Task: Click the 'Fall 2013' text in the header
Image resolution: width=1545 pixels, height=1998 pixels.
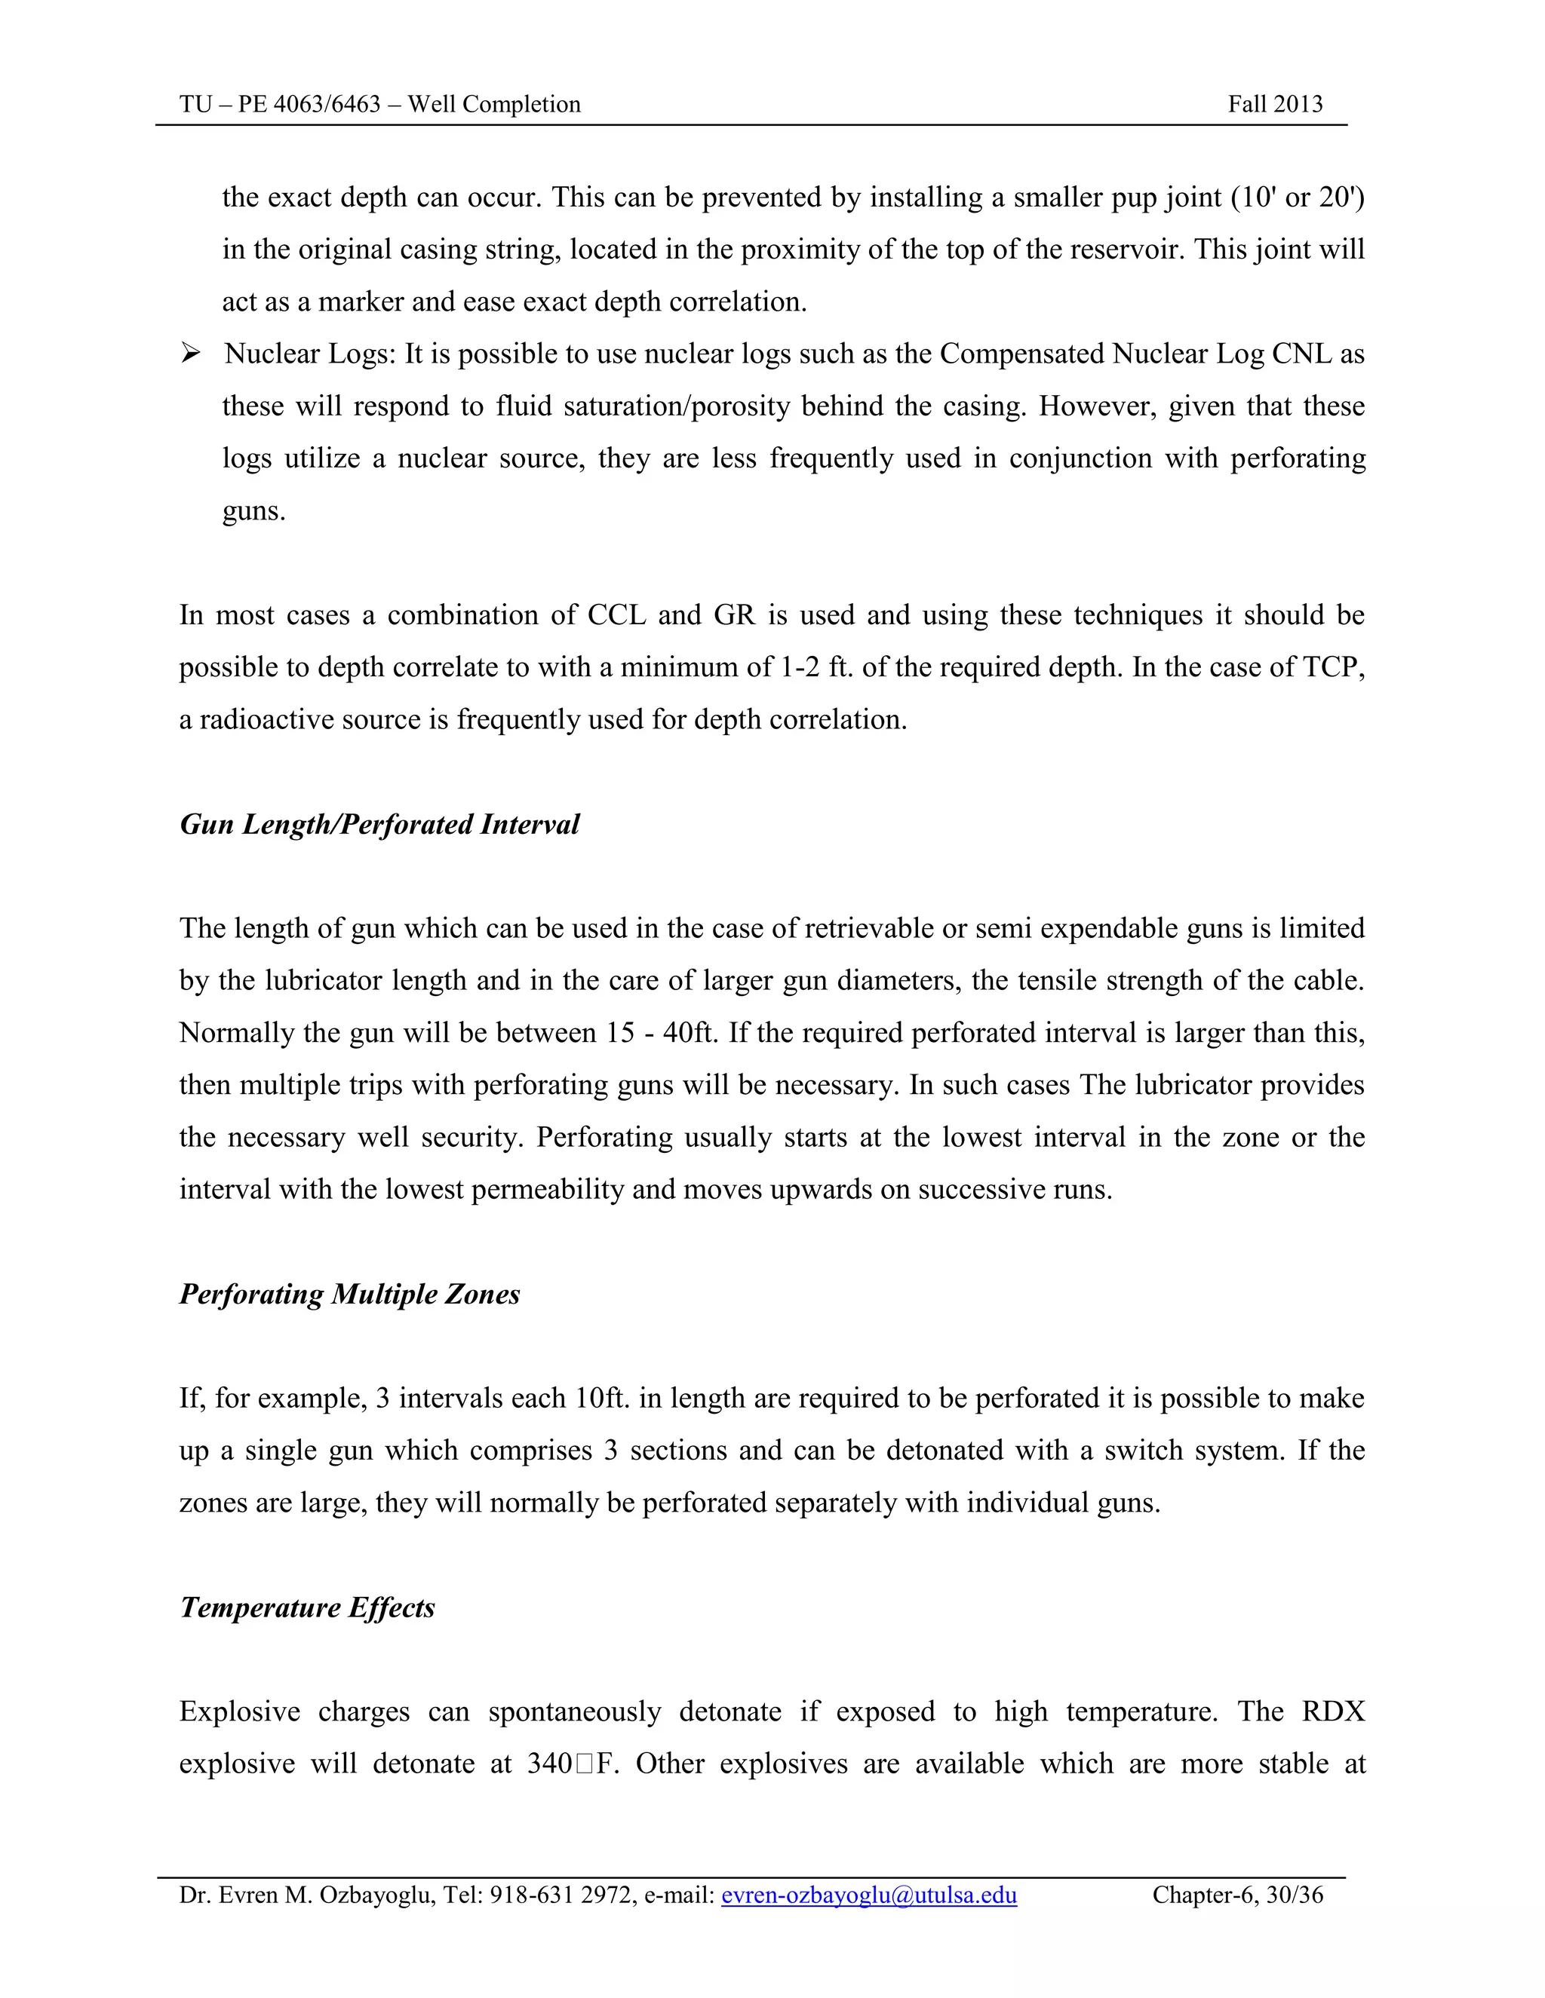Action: point(1274,104)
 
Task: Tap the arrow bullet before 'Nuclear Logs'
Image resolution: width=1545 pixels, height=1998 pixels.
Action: point(190,353)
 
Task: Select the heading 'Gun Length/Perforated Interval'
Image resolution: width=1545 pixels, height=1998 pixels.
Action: point(379,824)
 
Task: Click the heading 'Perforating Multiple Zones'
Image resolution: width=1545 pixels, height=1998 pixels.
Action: point(349,1294)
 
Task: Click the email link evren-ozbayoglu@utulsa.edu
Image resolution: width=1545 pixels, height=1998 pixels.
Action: point(868,1895)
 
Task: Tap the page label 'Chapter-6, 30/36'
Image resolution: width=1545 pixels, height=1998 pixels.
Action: point(1236,1895)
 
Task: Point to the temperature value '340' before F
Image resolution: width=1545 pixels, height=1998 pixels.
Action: point(549,1764)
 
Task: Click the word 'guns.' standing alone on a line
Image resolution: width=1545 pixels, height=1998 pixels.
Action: point(253,510)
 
